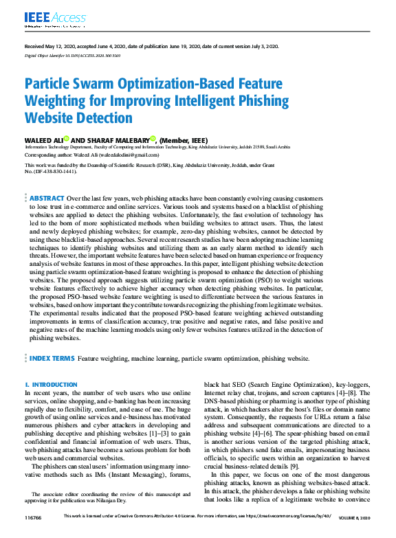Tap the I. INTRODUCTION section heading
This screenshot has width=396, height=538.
click(51, 385)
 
